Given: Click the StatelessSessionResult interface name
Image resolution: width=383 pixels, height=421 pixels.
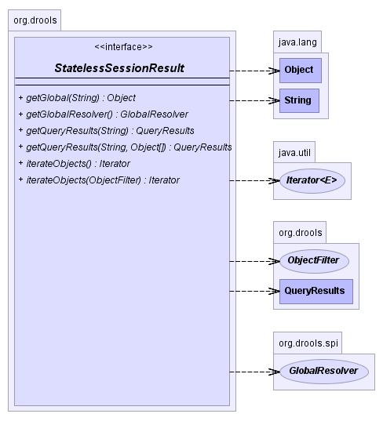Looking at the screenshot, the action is click(119, 68).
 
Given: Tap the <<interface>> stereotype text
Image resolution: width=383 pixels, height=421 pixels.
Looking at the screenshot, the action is click(124, 47).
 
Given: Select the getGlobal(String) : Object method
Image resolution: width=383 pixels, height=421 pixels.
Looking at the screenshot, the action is click(77, 98).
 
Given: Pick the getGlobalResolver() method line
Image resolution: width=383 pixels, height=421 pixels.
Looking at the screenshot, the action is click(104, 114).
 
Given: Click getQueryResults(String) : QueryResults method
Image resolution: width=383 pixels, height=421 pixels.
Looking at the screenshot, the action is click(106, 131).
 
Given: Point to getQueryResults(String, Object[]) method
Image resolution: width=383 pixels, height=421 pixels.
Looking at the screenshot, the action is click(125, 147).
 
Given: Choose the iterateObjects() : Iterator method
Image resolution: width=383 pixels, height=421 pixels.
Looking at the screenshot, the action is click(75, 164).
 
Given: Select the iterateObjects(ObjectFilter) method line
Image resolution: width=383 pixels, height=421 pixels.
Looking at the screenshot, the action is click(99, 180).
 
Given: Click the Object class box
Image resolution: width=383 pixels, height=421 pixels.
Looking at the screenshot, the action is click(301, 71).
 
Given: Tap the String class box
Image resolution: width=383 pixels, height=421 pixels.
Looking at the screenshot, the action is click(299, 100).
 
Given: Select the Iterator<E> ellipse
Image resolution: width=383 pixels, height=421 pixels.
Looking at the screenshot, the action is click(312, 180).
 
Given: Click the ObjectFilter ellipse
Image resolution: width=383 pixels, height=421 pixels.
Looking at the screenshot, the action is click(315, 261).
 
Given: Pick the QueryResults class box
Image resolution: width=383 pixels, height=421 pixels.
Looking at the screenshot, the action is click(316, 292).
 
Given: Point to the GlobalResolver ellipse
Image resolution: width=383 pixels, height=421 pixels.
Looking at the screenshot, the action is click(324, 372).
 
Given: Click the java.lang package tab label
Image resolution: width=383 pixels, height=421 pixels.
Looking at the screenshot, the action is click(297, 42).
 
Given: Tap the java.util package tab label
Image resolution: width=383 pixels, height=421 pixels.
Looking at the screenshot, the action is click(294, 153).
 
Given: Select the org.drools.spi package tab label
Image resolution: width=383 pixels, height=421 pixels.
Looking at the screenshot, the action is click(308, 343).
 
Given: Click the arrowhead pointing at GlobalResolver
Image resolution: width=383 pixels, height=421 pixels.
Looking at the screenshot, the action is click(275, 372).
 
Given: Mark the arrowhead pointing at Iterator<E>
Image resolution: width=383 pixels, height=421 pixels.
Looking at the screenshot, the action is click(275, 180).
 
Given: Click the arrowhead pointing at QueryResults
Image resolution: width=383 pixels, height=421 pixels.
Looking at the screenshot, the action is click(275, 292).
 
